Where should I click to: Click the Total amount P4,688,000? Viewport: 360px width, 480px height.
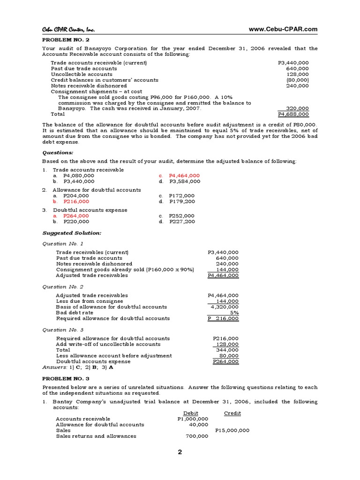[x=293, y=114]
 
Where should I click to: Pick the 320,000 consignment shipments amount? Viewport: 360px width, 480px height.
[x=297, y=108]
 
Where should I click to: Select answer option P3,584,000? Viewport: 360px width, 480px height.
[x=185, y=181]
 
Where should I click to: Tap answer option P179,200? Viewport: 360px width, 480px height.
[x=182, y=201]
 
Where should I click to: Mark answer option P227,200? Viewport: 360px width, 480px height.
[x=182, y=221]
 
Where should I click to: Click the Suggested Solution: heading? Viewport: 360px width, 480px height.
[x=72, y=232]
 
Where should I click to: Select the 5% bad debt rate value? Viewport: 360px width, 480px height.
[x=234, y=312]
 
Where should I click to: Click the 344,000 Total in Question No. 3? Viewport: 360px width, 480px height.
[x=227, y=350]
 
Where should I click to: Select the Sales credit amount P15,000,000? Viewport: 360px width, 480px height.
[x=232, y=430]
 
